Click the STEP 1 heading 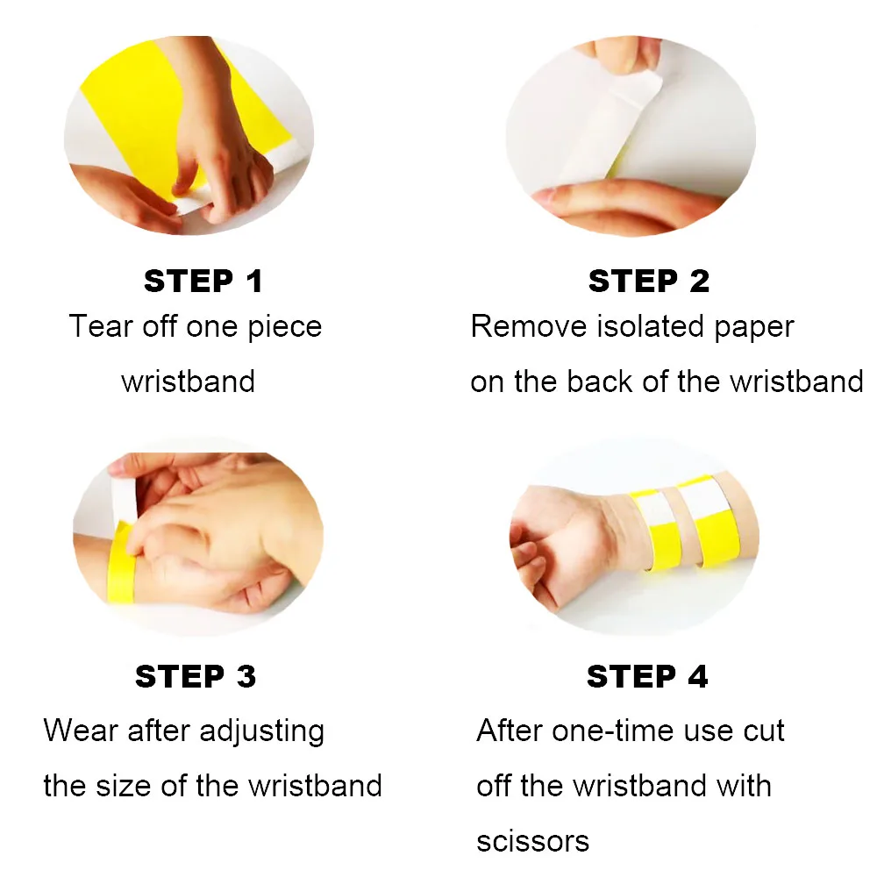[x=203, y=281]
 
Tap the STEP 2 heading [x=649, y=281]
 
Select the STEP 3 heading [x=196, y=676]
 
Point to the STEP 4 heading [x=647, y=676]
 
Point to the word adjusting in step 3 [x=261, y=731]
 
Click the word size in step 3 [x=123, y=785]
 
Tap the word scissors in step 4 [x=533, y=841]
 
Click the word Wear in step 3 [x=81, y=731]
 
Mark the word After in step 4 [x=510, y=731]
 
